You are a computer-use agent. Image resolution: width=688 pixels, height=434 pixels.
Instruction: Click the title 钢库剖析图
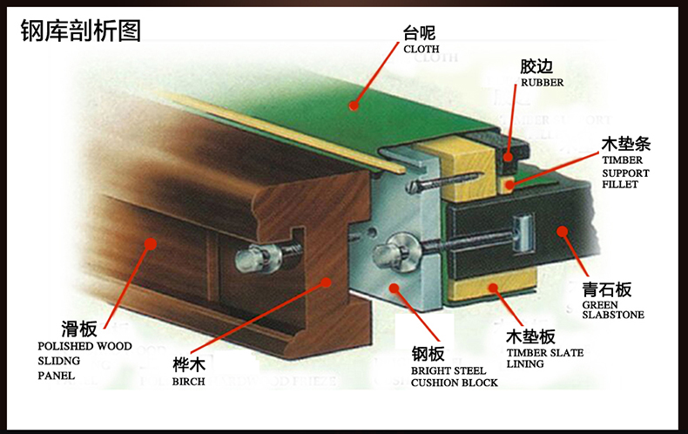tap(80, 31)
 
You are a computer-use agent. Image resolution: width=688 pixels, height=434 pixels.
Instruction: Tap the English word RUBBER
tap(542, 83)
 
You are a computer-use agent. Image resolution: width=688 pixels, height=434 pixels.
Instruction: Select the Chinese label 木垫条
tap(625, 142)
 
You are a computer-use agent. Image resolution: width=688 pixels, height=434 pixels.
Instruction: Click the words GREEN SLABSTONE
tap(612, 310)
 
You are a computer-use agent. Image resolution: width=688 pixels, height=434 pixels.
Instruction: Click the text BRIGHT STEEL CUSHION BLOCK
tap(454, 376)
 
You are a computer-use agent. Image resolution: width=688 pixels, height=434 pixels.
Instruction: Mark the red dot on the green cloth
tap(353, 106)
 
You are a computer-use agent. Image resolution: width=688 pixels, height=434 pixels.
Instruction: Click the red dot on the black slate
tap(563, 232)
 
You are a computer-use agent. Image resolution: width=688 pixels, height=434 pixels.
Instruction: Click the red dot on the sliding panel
tap(149, 244)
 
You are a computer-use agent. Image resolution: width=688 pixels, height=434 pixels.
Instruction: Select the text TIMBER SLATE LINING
tap(544, 358)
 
